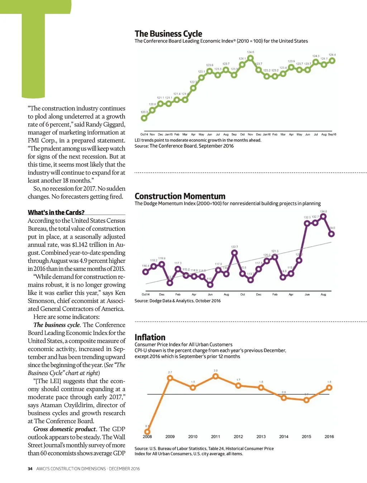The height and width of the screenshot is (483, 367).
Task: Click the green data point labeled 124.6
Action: click(251, 58)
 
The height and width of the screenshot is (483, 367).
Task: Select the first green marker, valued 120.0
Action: click(144, 118)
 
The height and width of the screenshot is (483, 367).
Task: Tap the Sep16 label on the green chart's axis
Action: click(332, 135)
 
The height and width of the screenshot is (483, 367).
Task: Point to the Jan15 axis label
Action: click(168, 135)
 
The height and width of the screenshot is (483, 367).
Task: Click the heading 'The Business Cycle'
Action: click(168, 34)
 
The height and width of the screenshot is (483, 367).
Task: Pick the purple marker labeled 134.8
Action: click(323, 216)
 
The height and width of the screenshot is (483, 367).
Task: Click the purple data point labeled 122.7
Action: click(234, 253)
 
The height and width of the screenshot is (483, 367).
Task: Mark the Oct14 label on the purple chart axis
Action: click(146, 294)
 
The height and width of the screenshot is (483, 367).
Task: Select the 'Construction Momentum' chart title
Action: click(180, 196)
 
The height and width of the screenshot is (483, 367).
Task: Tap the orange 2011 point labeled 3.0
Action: click(215, 376)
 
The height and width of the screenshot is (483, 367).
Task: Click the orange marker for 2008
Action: click(147, 431)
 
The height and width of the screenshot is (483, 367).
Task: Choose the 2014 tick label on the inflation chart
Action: click(283, 436)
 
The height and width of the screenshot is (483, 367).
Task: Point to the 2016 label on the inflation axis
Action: click(329, 436)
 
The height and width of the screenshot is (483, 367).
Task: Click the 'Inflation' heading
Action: click(150, 337)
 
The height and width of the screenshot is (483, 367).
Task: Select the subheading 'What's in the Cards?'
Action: click(56, 213)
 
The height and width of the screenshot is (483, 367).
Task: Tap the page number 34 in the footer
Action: click(30, 469)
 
